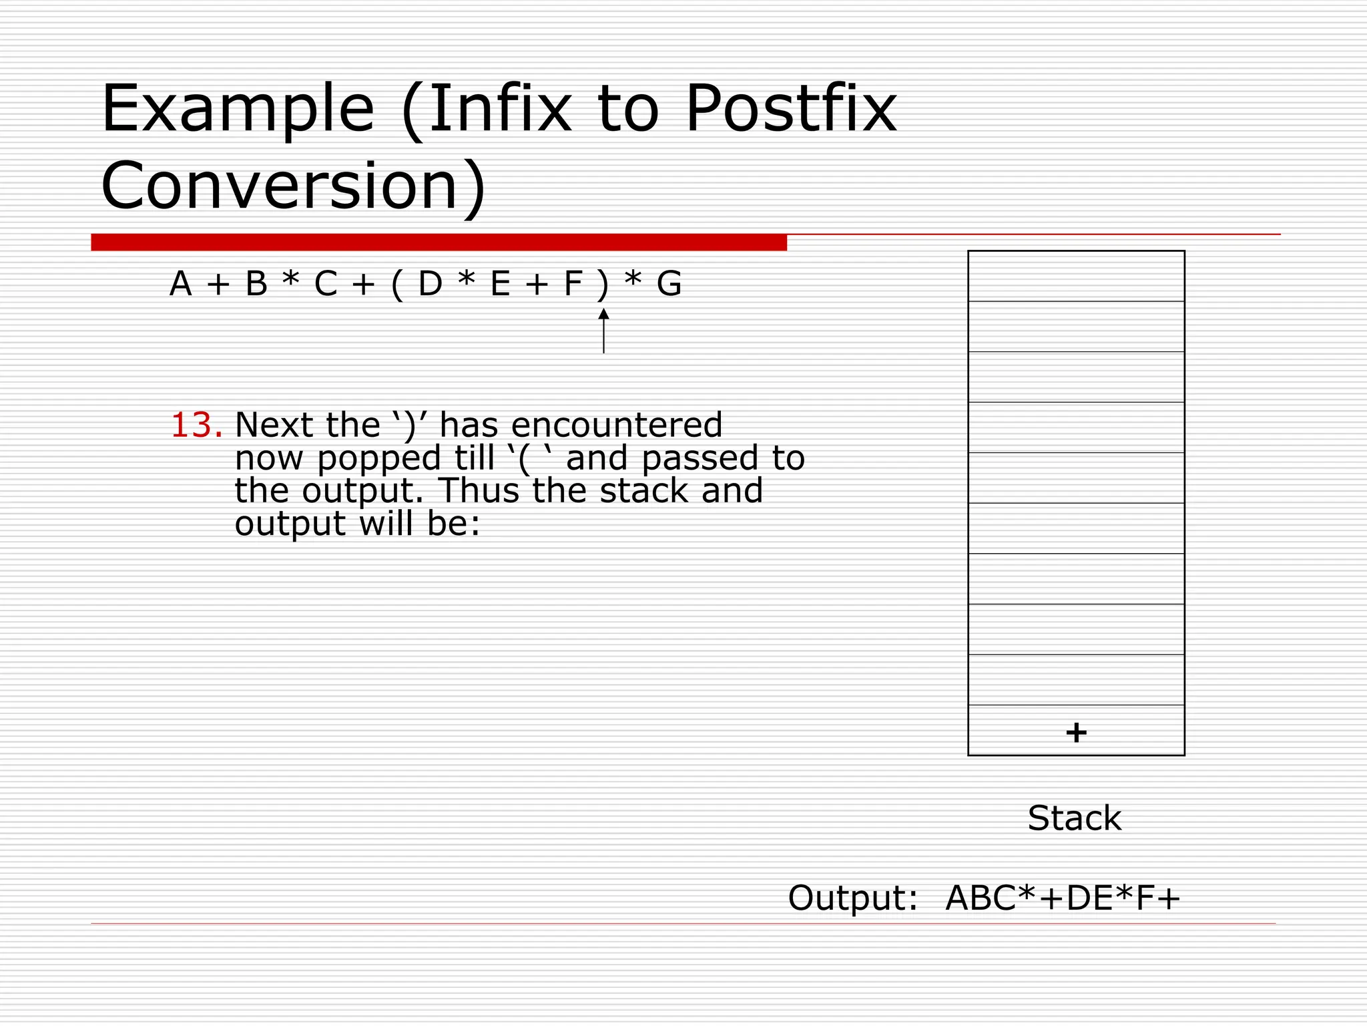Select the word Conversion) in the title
294,186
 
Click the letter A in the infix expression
180,284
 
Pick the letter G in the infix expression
669,284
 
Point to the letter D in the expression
430,284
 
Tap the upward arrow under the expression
603,331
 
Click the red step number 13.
196,425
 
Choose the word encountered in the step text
617,425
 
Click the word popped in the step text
378,459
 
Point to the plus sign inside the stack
1076,733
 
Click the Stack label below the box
1075,818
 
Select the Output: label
853,898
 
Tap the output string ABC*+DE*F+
1063,898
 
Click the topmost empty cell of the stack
1076,276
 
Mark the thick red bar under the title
439,242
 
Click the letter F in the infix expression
573,284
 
